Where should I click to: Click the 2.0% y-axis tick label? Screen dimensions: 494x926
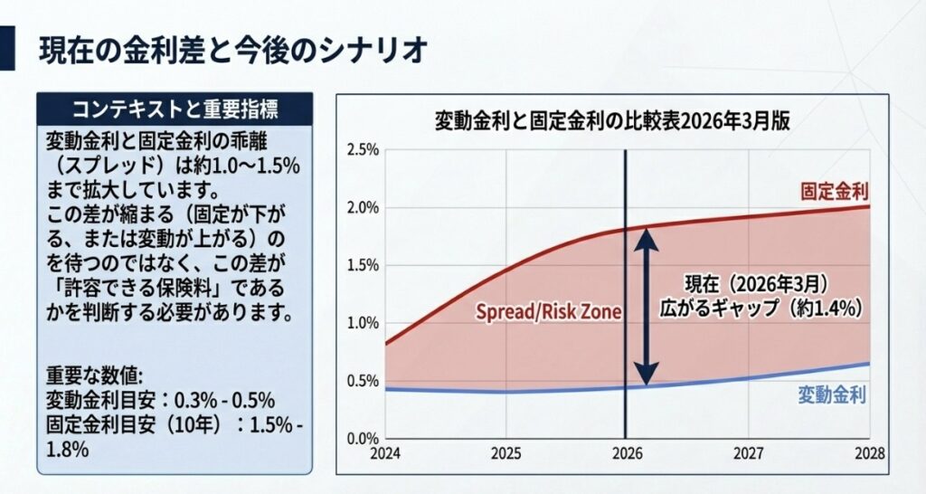[362, 207]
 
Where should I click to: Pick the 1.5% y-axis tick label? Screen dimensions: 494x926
[362, 265]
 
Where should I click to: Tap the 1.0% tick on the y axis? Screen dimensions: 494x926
[362, 323]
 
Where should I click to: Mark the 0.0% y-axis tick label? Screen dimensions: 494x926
[362, 439]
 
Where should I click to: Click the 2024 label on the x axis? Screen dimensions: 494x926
[386, 453]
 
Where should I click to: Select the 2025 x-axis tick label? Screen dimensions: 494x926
[506, 453]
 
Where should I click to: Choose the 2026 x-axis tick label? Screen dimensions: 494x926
[626, 453]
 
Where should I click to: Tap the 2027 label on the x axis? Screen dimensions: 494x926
[747, 453]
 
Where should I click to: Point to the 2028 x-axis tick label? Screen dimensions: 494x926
[866, 453]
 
